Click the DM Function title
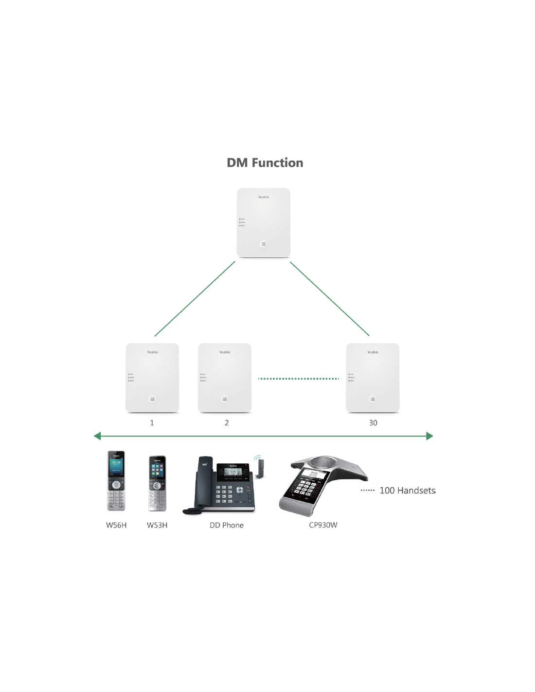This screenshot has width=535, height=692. point(265,163)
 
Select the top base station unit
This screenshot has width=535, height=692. point(263,222)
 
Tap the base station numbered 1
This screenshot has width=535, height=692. point(152,378)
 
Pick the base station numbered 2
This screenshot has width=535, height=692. point(224,378)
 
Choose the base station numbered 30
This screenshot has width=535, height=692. point(373,378)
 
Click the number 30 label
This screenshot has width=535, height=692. point(373,423)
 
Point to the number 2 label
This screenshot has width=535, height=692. point(227,423)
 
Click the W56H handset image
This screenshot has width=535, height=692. point(116,481)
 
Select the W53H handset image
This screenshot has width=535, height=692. point(157,483)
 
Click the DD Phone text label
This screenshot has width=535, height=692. point(226,525)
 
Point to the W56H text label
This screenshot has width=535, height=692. point(116,525)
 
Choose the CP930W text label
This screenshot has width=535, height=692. point(323,525)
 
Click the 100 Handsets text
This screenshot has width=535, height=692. point(407,491)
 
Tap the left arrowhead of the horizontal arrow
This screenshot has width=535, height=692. point(97,436)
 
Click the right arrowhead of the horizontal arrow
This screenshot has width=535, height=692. point(429,436)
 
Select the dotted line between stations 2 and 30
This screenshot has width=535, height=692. point(298,379)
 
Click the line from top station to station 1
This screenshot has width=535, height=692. point(195,299)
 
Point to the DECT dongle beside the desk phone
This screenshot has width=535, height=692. point(259,467)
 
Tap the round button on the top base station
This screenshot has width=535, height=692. point(264,244)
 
